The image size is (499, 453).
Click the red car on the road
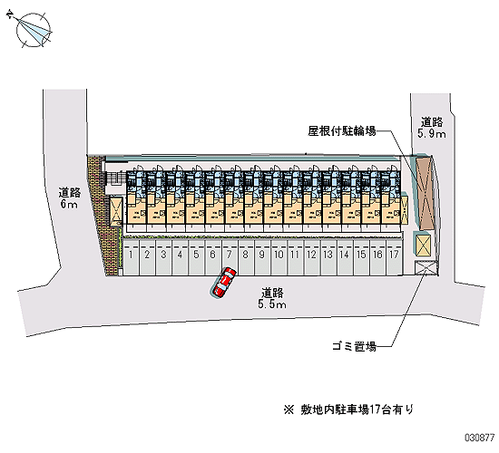(223, 283)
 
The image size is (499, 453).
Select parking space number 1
(131, 257)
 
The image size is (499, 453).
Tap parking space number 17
(395, 257)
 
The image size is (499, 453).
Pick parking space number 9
(262, 257)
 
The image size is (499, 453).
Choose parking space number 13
(328, 257)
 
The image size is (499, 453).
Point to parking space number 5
(196, 257)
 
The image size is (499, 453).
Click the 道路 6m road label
(69, 198)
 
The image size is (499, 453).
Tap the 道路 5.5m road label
(272, 298)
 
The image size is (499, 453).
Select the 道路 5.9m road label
(432, 127)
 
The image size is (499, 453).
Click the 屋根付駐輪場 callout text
(342, 131)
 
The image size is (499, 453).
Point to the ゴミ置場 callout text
(355, 346)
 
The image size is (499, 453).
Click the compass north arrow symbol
(33, 30)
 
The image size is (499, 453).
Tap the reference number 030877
(480, 438)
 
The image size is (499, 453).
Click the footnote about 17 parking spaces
(348, 410)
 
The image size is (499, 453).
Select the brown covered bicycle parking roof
(426, 193)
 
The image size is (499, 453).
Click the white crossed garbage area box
(426, 267)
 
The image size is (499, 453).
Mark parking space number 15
(361, 257)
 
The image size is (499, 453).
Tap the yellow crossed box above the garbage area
(423, 246)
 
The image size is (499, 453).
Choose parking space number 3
(163, 257)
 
